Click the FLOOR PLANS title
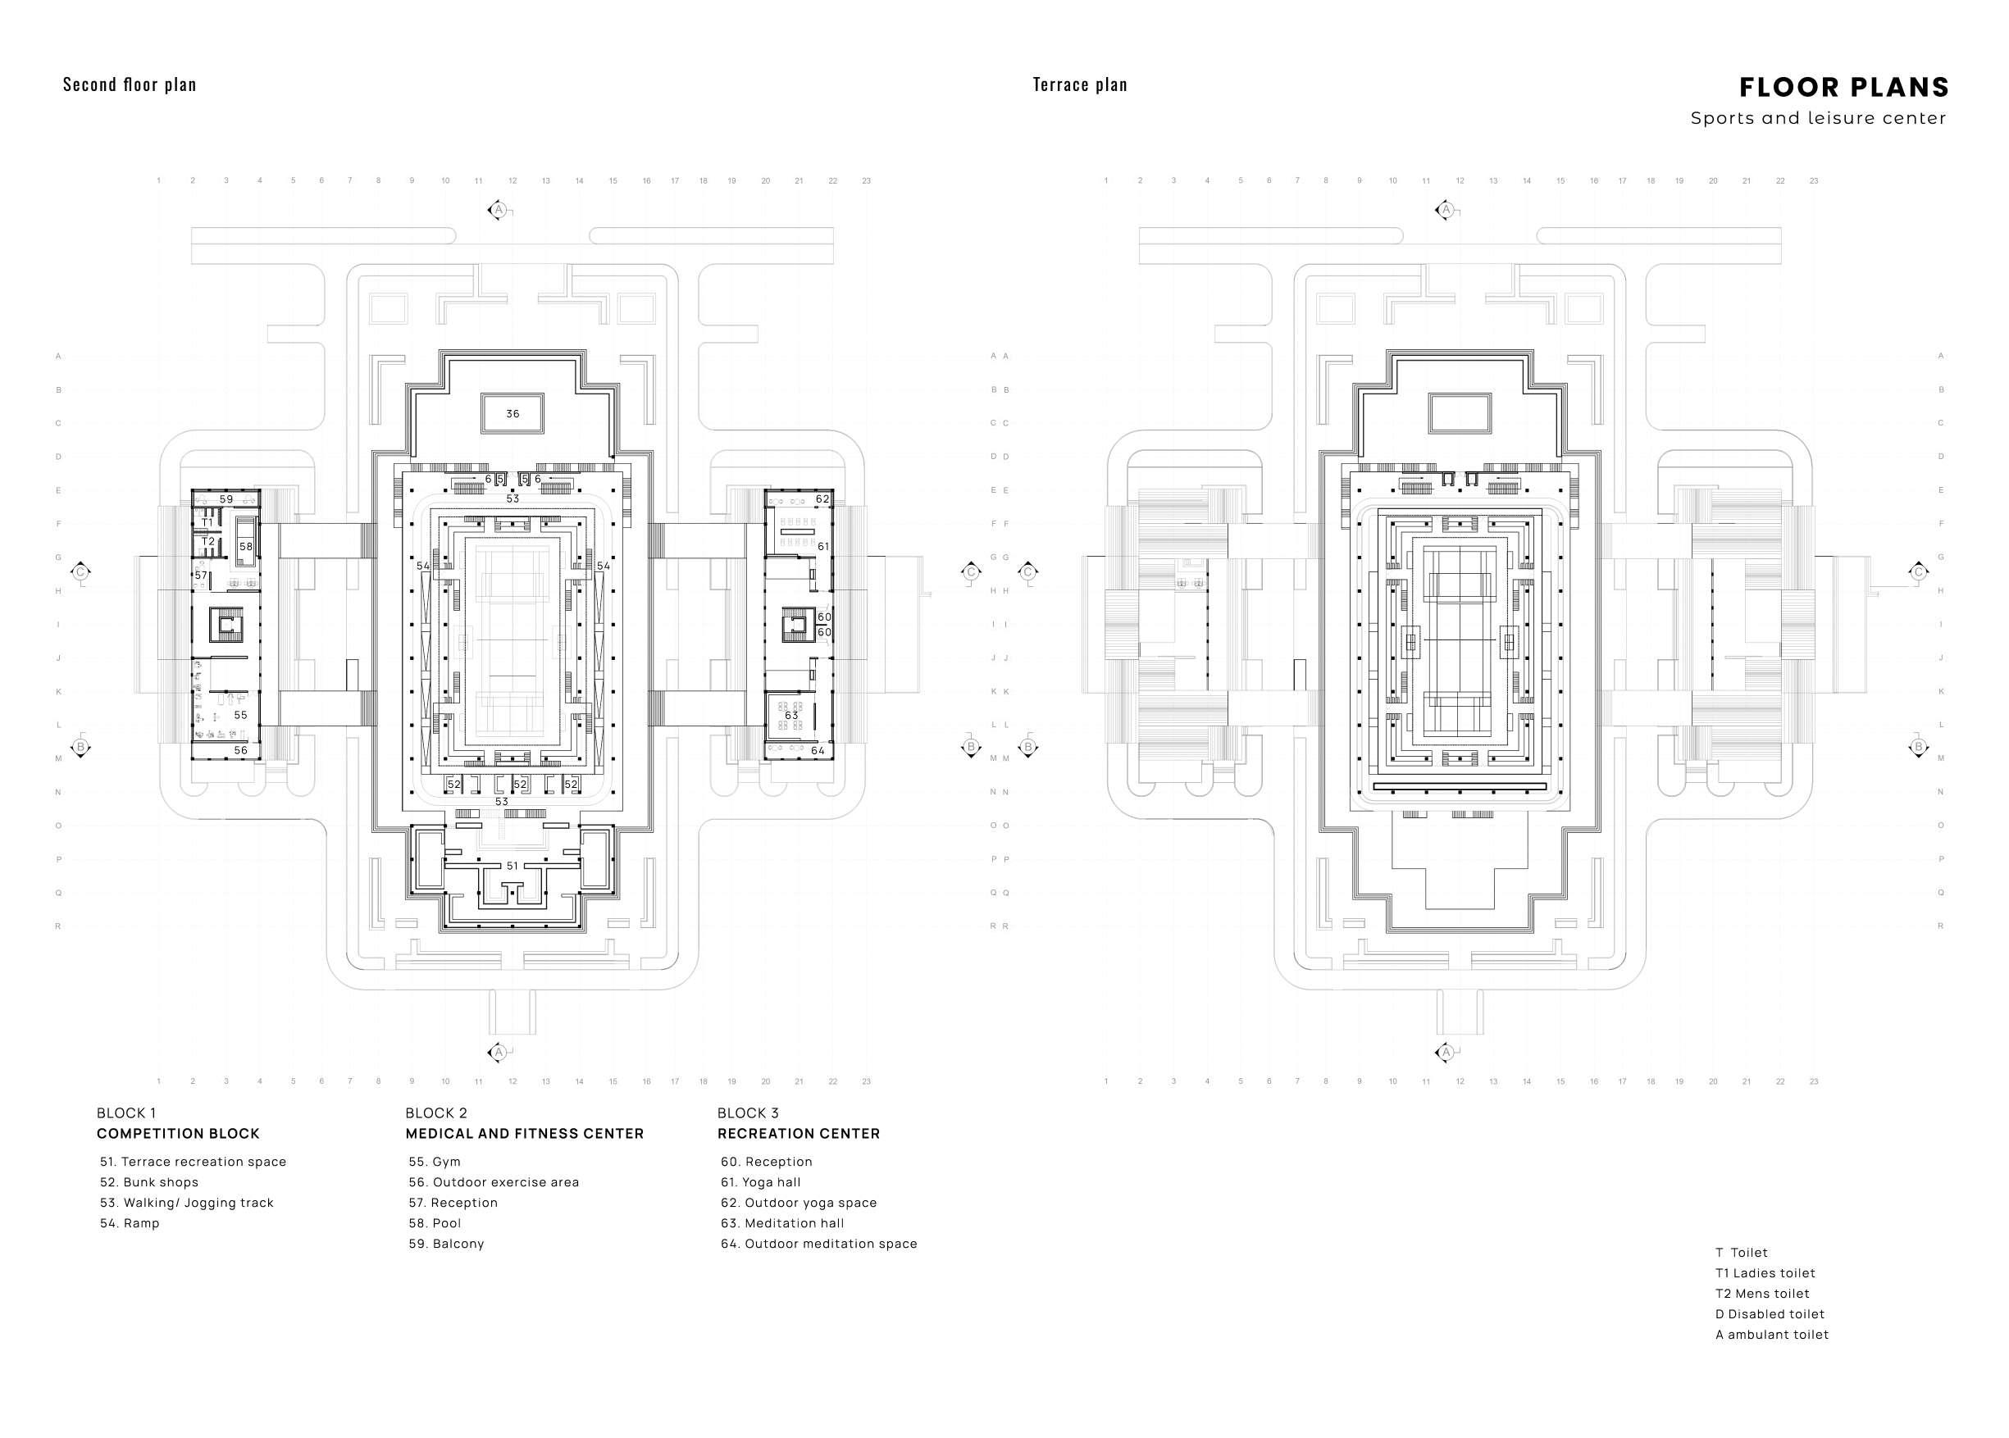[x=1843, y=88]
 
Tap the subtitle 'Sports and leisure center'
[x=1818, y=118]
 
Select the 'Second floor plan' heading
[x=130, y=85]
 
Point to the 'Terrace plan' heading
[x=1079, y=85]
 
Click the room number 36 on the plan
[x=512, y=413]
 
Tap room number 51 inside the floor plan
[x=512, y=865]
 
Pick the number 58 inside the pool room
[x=245, y=546]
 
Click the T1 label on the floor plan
[x=207, y=522]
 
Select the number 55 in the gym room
[x=240, y=715]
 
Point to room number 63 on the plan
[x=790, y=715]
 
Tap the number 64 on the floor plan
[x=818, y=750]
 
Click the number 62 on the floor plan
[x=822, y=498]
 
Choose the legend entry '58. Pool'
[x=435, y=1223]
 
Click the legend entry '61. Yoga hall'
[x=761, y=1182]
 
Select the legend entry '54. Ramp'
[x=130, y=1223]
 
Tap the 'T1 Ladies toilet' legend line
[x=1765, y=1273]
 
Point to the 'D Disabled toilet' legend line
[x=1769, y=1314]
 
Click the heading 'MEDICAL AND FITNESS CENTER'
[x=524, y=1133]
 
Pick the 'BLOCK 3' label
[x=748, y=1113]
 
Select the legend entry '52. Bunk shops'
[x=149, y=1182]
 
